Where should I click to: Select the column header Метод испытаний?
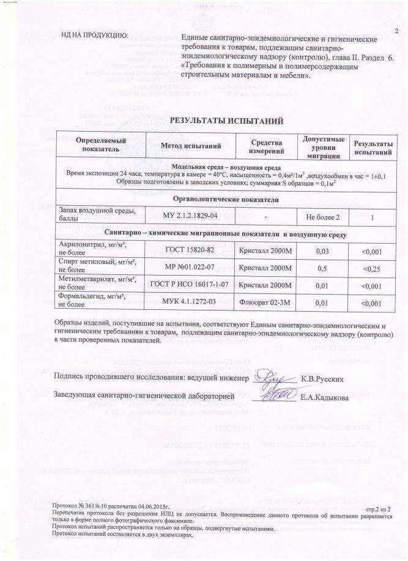(x=190, y=145)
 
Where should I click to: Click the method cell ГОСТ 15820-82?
(x=190, y=249)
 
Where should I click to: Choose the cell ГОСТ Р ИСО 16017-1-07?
(x=190, y=285)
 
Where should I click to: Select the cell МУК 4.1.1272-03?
(x=190, y=302)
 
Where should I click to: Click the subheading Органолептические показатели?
(x=226, y=200)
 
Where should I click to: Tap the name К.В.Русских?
(x=326, y=378)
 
